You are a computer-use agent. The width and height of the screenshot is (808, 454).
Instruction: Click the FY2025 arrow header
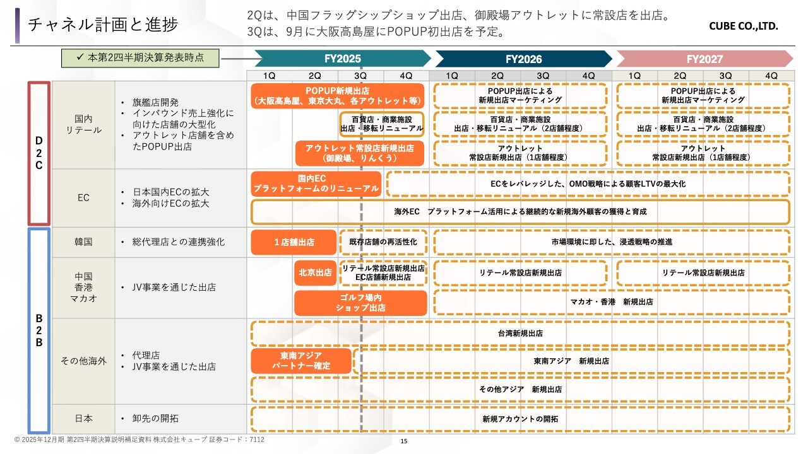[x=343, y=59]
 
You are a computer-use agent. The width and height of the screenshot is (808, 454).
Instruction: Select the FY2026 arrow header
[x=524, y=59]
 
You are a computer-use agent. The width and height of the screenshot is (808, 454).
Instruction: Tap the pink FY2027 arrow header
[x=705, y=59]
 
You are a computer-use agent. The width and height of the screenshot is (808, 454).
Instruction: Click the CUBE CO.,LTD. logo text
[x=744, y=26]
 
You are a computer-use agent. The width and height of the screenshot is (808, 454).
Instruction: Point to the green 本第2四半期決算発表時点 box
[x=140, y=58]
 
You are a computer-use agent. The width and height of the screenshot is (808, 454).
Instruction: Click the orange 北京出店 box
[x=315, y=273]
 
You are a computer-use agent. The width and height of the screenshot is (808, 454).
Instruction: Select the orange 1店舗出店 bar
[x=294, y=242]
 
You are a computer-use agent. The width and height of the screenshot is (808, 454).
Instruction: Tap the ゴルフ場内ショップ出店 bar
[x=360, y=303]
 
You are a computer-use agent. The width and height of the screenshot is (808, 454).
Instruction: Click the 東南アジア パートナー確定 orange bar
[x=301, y=361]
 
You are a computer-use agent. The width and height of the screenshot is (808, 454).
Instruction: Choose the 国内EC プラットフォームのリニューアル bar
[x=316, y=183]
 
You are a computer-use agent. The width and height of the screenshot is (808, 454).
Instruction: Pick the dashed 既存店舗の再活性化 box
[x=383, y=242]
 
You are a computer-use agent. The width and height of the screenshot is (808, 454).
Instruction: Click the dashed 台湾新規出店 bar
[x=521, y=334]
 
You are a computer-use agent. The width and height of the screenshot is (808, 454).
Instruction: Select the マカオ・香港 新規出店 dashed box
[x=612, y=302]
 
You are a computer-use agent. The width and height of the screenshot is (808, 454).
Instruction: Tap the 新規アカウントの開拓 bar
[x=521, y=419]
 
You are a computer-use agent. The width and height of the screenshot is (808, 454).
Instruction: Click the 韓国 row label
[x=83, y=242]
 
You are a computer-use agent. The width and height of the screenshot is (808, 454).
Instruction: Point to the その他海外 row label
[x=83, y=361]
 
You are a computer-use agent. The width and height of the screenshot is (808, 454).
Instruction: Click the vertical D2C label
[x=39, y=153]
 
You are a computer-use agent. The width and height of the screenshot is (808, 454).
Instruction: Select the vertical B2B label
[x=39, y=330]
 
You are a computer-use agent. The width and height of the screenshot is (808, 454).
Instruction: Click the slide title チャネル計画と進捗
[x=103, y=25]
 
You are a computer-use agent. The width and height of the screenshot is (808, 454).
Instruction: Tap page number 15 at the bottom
[x=404, y=441]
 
